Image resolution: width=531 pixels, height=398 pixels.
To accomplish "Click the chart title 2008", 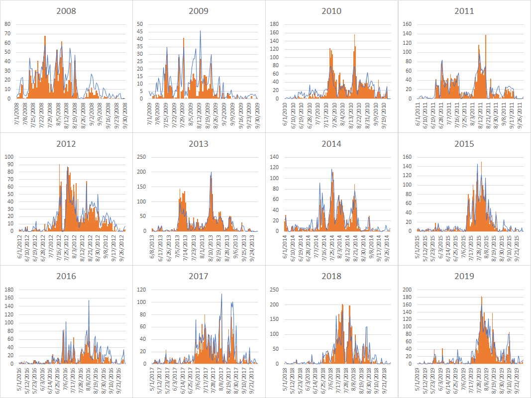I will [x=66, y=11].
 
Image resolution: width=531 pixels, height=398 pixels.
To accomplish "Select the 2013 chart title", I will [x=199, y=144].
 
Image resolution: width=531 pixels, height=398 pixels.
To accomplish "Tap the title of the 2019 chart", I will [x=464, y=276].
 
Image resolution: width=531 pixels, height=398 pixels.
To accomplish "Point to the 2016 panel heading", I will [x=66, y=276].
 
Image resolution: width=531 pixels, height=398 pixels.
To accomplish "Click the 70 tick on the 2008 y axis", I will [x=7, y=33].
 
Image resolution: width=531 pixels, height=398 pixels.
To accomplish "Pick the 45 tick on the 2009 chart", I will [x=140, y=31].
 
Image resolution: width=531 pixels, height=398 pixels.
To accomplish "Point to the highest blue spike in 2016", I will [x=89, y=301].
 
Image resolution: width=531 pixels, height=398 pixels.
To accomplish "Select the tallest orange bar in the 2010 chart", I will [x=355, y=35].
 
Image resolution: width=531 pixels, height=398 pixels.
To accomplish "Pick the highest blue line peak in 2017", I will [x=221, y=295].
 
